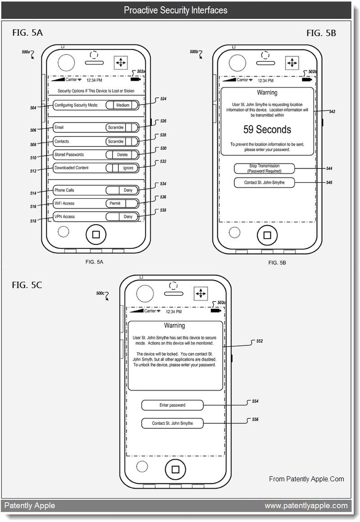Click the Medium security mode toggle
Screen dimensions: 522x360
point(122,105)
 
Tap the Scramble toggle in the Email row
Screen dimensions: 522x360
point(122,127)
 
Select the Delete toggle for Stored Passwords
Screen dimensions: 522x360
point(122,154)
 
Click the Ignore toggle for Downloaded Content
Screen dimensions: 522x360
point(122,168)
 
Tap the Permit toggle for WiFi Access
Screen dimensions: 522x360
point(122,204)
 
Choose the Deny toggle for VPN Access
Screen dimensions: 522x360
point(122,217)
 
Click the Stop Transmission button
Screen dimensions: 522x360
point(264,168)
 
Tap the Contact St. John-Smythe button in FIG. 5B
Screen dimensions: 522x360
point(264,182)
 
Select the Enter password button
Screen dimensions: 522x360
point(172,405)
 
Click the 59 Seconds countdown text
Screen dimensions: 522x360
point(267,130)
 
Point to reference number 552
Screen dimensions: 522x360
point(260,341)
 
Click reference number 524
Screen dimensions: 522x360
point(163,98)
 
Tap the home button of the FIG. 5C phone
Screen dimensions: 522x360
point(175,470)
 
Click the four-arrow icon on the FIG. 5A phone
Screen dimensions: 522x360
point(121,63)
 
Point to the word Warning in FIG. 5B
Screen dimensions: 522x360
point(267,93)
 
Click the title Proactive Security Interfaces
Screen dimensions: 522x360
point(175,10)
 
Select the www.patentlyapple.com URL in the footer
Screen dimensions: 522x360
point(306,506)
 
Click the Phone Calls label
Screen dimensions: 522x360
point(64,191)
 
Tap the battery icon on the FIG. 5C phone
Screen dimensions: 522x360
point(216,310)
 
